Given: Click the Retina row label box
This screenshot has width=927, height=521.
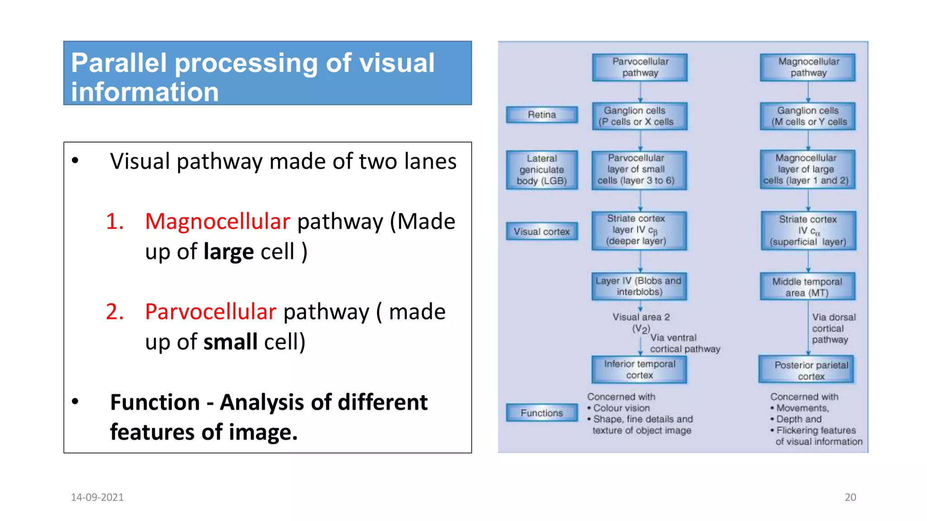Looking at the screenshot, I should (x=542, y=115).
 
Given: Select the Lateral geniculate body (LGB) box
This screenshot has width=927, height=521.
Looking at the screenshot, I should (x=542, y=170).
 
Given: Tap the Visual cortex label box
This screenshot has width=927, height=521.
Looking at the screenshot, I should (x=542, y=232).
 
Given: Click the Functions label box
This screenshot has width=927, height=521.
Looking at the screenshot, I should (x=542, y=413).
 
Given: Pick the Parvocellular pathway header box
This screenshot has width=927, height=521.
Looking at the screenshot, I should (x=640, y=67).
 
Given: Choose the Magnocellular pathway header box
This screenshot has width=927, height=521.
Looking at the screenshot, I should (x=808, y=67).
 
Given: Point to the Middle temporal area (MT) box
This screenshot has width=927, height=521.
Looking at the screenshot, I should (x=808, y=287).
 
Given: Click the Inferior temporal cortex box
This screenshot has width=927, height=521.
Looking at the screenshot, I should (x=639, y=369).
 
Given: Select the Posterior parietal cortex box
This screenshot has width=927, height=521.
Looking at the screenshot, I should (x=807, y=370).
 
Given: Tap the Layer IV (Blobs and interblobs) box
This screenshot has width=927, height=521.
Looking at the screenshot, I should (x=639, y=286).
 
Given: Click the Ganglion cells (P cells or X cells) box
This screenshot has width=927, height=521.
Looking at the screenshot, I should (x=640, y=116).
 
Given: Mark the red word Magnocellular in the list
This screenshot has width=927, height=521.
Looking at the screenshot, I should (x=217, y=222).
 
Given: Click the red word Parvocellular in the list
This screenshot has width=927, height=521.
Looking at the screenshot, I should (x=210, y=312).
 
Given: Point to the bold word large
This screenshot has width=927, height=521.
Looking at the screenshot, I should (x=229, y=252).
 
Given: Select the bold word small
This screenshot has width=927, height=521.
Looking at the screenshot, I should (x=230, y=342).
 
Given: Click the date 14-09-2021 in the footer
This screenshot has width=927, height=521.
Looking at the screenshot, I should (x=97, y=497).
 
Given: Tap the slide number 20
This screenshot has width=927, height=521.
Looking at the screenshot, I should (x=850, y=497).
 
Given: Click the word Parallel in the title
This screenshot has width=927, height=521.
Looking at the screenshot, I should (x=119, y=63).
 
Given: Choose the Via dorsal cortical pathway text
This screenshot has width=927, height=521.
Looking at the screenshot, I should (x=833, y=328).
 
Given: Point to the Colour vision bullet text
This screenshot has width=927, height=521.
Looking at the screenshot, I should (x=621, y=408).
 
